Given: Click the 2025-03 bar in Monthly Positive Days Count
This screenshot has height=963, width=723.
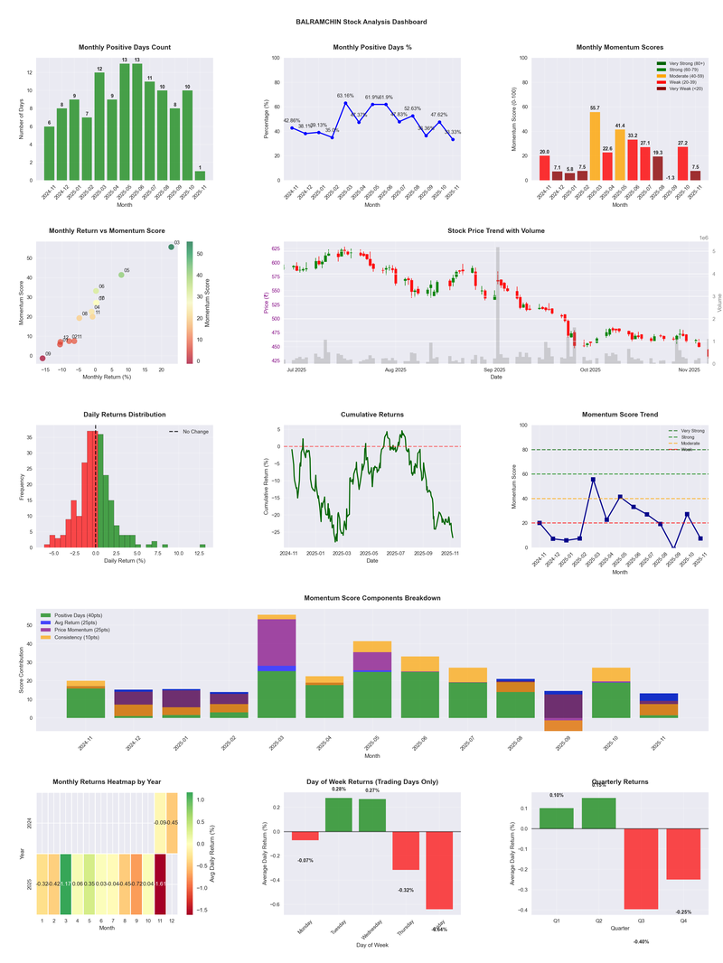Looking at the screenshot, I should (99, 126).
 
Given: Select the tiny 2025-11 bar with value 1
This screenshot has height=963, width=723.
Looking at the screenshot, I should (200, 175).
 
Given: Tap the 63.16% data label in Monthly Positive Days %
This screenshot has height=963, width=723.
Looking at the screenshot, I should (345, 95).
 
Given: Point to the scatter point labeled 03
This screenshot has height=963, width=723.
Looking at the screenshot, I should (171, 247).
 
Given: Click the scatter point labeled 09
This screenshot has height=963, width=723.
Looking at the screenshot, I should (42, 359).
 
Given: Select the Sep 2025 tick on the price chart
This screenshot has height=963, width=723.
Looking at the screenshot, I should (494, 369).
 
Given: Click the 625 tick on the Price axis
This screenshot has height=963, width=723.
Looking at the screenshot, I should (275, 248).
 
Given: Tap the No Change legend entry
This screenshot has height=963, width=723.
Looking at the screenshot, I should (189, 432).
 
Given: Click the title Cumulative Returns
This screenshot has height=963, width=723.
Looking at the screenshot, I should (371, 415).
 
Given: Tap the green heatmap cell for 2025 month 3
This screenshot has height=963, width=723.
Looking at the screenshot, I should (65, 884).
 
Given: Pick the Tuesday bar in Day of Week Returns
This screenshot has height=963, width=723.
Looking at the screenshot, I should (338, 815).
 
